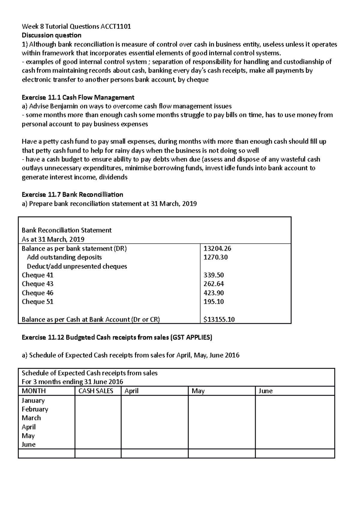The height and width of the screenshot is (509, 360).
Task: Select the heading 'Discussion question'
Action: [52, 35]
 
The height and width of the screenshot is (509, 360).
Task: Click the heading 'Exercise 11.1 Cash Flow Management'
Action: [78, 97]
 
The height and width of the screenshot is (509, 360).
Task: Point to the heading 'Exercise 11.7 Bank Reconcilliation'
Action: [73, 195]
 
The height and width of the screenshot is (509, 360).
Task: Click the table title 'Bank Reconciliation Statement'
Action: [67, 230]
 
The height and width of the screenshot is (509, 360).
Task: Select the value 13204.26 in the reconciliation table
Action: [217, 248]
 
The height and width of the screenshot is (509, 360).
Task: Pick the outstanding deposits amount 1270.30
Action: [215, 257]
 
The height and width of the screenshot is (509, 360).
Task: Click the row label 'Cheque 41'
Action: [37, 275]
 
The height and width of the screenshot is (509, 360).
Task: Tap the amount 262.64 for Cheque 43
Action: [214, 284]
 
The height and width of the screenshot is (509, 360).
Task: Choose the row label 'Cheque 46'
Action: [37, 293]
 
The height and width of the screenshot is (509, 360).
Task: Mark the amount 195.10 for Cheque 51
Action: [214, 302]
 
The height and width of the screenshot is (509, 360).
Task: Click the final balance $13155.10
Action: [219, 320]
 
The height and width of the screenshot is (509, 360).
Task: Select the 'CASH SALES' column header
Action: [96, 391]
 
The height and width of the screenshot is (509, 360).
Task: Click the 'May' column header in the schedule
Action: [198, 391]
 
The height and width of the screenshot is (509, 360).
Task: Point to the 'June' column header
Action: [265, 391]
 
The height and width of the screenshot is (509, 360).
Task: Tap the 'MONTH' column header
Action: [34, 391]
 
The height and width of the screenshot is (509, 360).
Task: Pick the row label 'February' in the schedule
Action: [35, 409]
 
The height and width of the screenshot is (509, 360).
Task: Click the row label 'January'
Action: [33, 400]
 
